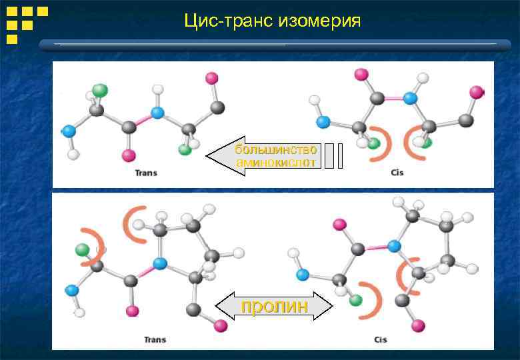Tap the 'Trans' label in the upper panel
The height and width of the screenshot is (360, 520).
(146, 173)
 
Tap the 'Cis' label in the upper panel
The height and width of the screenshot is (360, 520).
(397, 173)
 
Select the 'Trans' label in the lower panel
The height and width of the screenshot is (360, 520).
(155, 340)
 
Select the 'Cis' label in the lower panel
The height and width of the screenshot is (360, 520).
(380, 340)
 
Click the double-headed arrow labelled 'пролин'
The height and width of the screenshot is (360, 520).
(274, 307)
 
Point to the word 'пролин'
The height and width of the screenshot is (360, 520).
(274, 307)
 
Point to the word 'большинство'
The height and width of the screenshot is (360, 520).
(275, 149)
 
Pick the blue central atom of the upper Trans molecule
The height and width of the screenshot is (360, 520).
(157, 112)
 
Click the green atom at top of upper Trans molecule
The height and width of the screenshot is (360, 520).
(100, 89)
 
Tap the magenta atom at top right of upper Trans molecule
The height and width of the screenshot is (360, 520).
(211, 78)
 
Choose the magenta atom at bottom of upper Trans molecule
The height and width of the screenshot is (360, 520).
(128, 156)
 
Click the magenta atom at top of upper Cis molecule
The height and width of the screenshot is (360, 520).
(361, 74)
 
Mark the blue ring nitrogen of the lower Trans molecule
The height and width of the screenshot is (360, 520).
(159, 263)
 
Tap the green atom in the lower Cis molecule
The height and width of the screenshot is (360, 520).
(356, 300)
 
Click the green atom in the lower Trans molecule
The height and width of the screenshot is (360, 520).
(82, 250)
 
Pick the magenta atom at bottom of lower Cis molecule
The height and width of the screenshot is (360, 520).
(417, 325)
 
